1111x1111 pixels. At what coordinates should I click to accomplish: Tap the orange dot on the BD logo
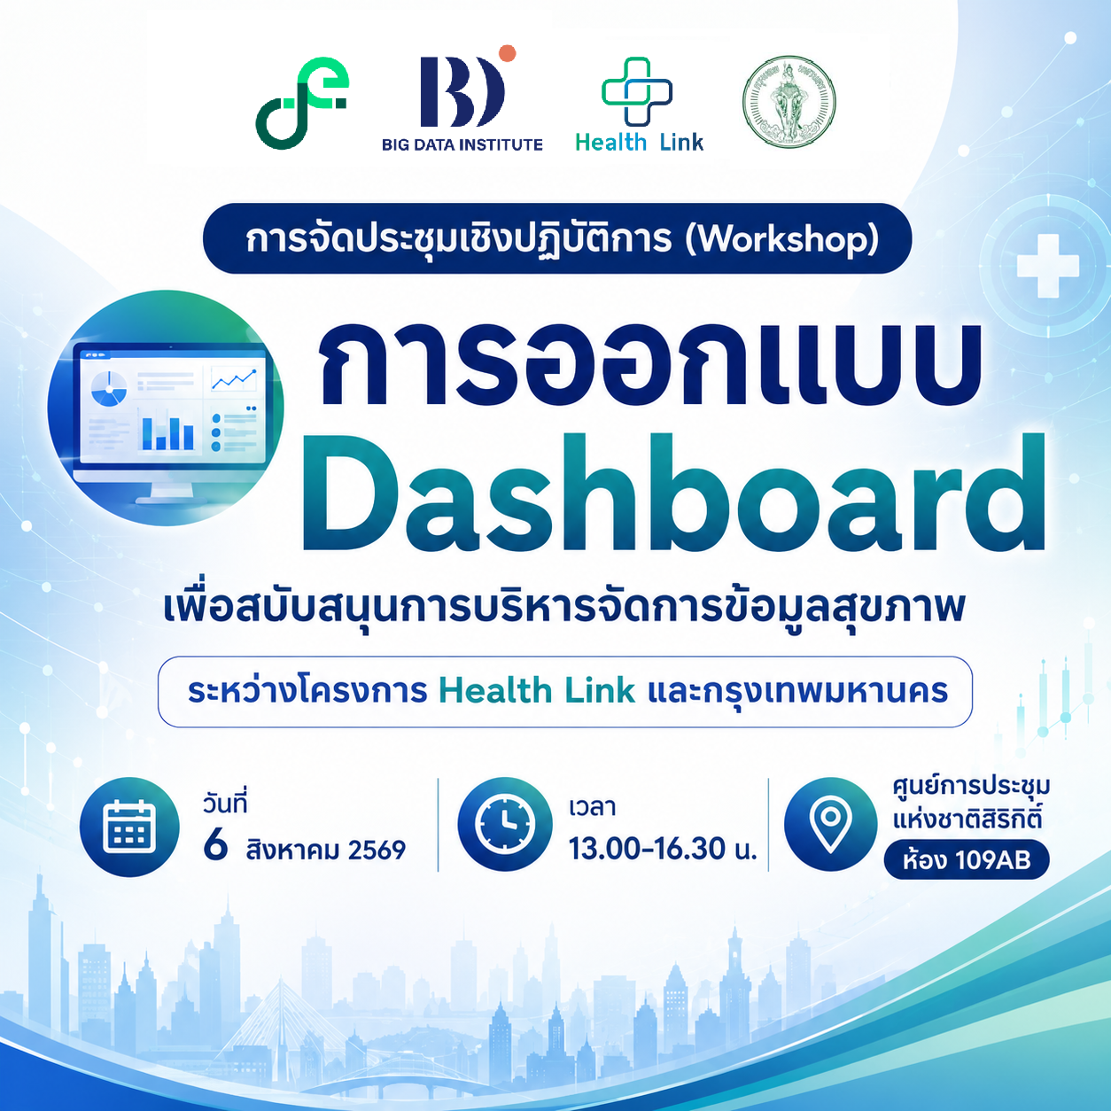[508, 53]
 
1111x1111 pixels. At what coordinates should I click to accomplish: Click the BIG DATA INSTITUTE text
[462, 144]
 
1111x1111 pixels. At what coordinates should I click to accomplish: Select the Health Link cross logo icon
[636, 91]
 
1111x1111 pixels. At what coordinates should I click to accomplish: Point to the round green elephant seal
[789, 102]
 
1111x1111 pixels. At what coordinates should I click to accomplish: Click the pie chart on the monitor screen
[109, 389]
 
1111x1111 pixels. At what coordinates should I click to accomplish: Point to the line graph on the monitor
[234, 379]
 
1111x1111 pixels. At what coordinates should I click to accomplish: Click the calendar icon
[128, 827]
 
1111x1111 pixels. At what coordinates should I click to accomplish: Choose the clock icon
[504, 823]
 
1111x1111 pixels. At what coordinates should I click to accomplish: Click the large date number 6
[215, 846]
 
